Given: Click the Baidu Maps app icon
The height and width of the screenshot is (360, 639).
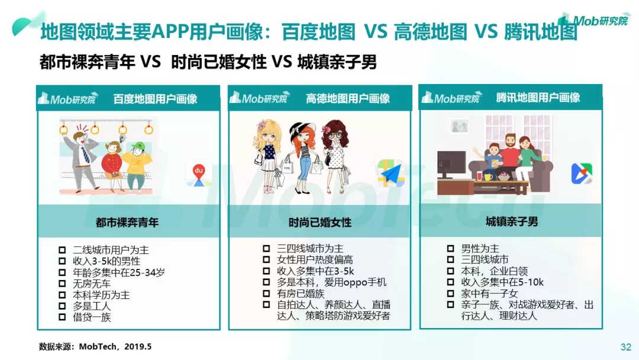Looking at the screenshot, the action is coord(198,173).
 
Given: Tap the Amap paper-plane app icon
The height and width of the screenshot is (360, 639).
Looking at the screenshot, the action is coord(391,173).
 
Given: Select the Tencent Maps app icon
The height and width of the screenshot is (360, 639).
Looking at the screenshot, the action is coord(582,173).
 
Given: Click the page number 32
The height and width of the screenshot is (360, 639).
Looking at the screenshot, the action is coord(626,347).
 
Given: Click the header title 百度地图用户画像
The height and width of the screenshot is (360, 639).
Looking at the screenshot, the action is coord(155,99).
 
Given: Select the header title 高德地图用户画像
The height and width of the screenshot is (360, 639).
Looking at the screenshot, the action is coord(348,98).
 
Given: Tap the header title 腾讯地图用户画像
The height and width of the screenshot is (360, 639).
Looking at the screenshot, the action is coord(538,98).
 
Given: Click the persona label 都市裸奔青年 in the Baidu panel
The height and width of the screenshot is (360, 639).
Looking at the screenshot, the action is coord(127,222).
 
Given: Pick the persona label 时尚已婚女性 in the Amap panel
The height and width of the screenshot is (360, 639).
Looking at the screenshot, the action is coord(320,222).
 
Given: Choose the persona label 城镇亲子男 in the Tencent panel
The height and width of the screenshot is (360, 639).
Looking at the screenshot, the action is coord(511,221).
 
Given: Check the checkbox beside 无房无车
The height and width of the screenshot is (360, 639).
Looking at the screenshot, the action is coord(62,284).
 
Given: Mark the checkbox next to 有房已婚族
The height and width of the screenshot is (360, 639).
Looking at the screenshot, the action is coord(266,293).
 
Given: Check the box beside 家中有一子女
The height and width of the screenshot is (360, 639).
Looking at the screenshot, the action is coord(450,293).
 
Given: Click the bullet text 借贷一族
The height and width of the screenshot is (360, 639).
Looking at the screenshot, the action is coord(92,317).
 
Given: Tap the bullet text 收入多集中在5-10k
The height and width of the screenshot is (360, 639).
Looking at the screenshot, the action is coord(502,282).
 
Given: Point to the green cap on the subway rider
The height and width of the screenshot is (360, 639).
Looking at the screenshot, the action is coord(138,146).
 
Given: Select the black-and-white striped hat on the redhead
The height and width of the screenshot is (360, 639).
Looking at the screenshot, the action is coord(302,129).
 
